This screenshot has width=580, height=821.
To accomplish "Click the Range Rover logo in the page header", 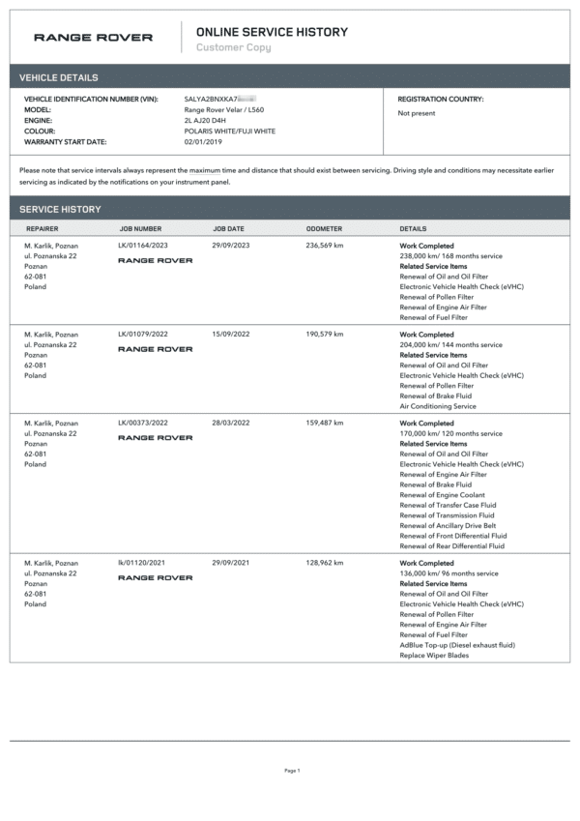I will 93,38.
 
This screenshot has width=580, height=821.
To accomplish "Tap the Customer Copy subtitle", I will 233,47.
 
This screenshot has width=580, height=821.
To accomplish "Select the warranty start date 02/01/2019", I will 204,142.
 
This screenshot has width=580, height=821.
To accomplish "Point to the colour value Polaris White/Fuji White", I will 229,132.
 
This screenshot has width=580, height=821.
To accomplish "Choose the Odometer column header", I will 324,229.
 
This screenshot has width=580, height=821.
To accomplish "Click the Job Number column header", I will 140,229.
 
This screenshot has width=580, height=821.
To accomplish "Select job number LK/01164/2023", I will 143,246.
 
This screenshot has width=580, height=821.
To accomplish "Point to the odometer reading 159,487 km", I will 325,424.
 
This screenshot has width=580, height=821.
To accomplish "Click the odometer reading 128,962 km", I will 325,563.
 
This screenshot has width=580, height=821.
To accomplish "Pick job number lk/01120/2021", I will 141,563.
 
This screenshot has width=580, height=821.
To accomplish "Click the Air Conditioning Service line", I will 438,406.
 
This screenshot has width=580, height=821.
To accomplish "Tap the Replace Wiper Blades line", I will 434,656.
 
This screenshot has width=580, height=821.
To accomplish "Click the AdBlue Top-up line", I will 457,645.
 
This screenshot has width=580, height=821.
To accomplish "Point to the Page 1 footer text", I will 292,771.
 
